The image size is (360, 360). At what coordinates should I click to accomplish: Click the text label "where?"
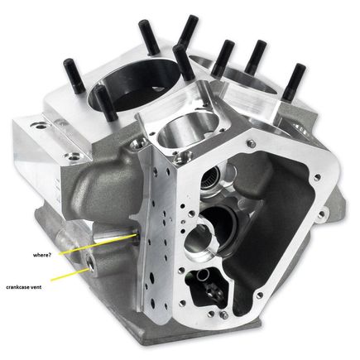(41, 255)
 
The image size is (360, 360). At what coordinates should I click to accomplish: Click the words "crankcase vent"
(24, 287)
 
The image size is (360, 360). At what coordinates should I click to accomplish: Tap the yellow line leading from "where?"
(98, 244)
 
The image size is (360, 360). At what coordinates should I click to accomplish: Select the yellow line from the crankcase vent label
(71, 274)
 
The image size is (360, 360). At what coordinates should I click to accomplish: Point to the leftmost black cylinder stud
(74, 76)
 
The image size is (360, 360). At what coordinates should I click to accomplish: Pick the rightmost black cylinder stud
(294, 82)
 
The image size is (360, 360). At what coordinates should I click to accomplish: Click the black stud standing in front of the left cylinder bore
(105, 103)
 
